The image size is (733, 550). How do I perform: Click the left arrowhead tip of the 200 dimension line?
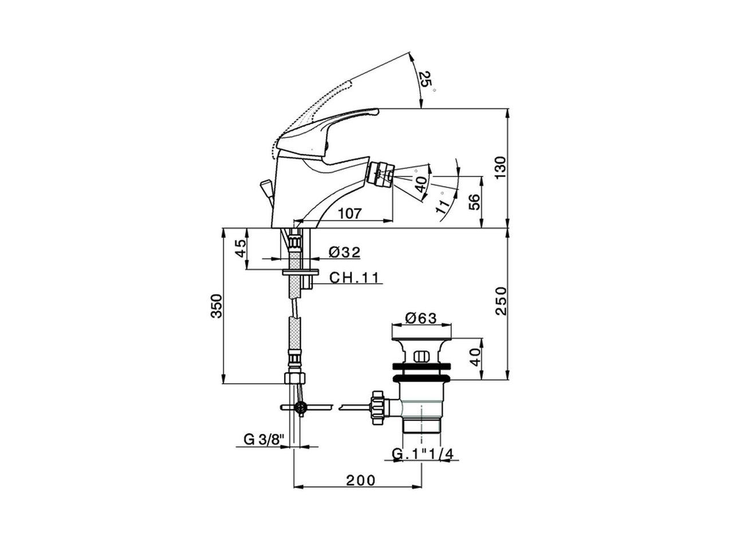coord(294,486)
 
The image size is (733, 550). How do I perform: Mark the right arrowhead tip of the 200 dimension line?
coord(422,486)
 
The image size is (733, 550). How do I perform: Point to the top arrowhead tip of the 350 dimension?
coord(223,229)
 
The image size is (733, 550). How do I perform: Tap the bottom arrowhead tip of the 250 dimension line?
coord(507,380)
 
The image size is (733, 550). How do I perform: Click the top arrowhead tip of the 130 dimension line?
coord(507,108)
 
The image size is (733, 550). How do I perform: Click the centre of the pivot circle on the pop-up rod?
coord(301,407)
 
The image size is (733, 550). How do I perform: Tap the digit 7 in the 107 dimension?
coord(356,213)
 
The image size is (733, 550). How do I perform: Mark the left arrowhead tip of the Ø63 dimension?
coord(391,324)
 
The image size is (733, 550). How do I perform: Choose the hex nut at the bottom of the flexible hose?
coord(294,378)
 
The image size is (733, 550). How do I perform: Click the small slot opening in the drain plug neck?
coord(421,356)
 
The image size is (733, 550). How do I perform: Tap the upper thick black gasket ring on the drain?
coord(421,366)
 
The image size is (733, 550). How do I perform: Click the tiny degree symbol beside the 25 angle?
coord(434,90)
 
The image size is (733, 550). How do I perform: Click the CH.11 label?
coord(354,277)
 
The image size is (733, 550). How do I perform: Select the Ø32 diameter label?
coord(344,252)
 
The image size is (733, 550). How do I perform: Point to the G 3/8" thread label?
coord(264,439)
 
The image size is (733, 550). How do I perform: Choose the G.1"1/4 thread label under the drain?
coord(423,454)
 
